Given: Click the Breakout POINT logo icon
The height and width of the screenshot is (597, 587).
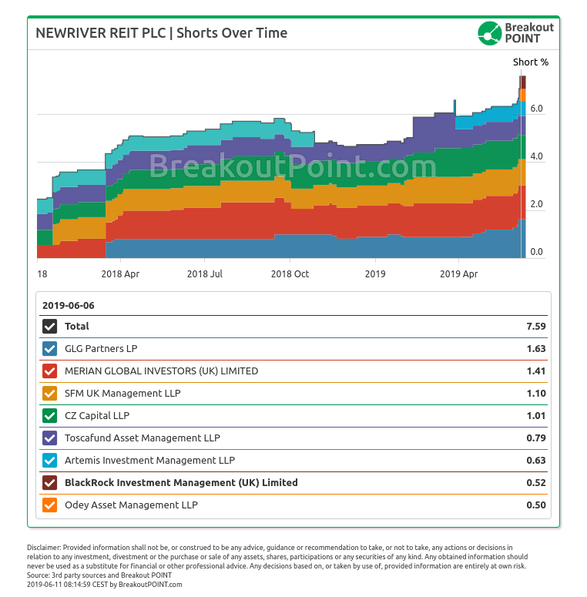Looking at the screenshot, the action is pos(490,33).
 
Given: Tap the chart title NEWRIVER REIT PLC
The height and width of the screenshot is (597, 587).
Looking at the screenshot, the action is pos(101,33).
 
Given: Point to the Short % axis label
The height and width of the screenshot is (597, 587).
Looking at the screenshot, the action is pos(530,62).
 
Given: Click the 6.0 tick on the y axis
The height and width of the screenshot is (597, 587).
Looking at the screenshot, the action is pos(536,109).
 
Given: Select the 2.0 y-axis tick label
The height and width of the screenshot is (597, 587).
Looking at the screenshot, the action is pos(536,204).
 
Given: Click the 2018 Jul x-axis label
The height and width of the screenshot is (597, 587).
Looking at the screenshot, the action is pos(204,274).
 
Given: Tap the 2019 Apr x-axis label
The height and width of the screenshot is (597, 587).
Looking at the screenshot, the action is pos(458,274).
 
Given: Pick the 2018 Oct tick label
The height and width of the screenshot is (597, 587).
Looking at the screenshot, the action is pos(290,274).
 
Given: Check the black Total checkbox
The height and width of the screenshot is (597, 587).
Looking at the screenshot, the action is pos(50,327).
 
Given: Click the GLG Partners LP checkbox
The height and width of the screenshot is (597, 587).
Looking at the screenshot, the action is pos(50,349).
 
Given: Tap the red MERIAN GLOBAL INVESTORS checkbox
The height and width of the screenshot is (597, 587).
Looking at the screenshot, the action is pos(50,371).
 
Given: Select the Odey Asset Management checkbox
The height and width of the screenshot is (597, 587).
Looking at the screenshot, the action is pos(50,505).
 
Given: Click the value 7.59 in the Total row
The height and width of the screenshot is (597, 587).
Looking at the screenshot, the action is pos(536,327).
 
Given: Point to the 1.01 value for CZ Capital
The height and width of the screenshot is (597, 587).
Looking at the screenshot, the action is pos(536,416).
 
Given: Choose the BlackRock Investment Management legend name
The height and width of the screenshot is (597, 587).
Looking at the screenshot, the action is pos(181,483).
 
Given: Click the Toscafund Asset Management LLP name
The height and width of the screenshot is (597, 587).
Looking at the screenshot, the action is pos(143,438).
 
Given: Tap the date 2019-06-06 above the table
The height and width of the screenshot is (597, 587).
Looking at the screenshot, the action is pos(68,306).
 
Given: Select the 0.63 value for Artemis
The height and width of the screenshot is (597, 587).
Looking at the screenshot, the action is pos(536,461).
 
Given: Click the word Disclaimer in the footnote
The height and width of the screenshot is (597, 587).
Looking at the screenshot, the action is pos(44,548).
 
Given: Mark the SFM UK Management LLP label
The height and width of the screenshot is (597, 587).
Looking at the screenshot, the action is pos(122,394).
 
